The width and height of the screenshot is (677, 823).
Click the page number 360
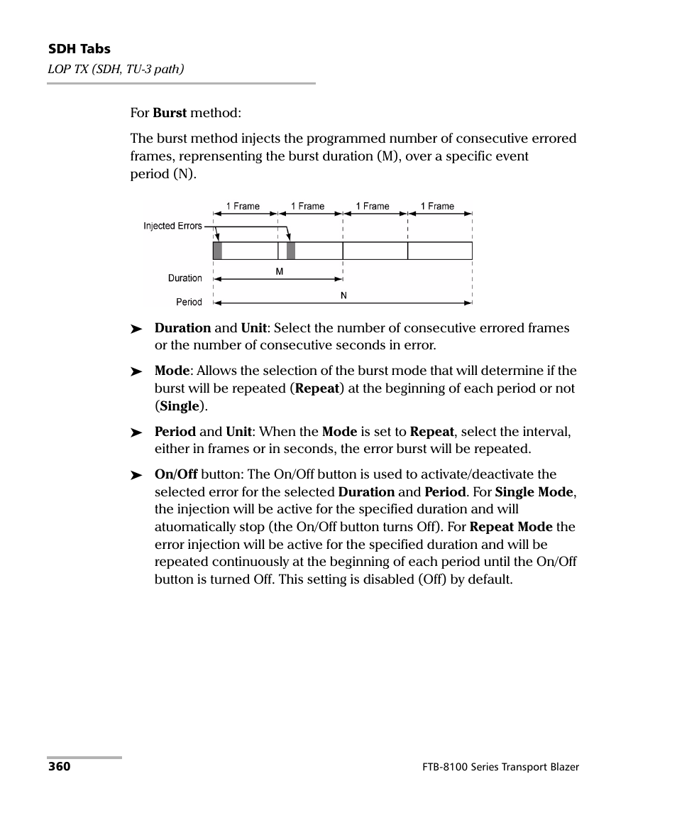[59, 767]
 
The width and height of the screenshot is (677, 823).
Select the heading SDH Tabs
[79, 49]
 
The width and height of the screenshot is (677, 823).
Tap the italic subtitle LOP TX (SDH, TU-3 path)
[116, 69]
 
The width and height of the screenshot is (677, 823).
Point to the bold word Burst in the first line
[170, 113]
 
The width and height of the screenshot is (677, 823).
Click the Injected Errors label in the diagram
[172, 226]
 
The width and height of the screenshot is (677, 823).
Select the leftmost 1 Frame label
[243, 206]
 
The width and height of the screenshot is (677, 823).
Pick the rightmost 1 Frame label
[437, 206]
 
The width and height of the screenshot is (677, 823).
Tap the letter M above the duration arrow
[280, 272]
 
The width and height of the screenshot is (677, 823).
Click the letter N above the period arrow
[343, 295]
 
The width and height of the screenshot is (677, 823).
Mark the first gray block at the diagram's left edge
[217, 251]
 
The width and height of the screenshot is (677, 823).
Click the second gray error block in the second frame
[291, 251]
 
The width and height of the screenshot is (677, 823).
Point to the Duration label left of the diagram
[185, 278]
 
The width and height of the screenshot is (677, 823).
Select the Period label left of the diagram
[189, 302]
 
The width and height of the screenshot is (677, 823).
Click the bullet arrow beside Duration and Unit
[136, 329]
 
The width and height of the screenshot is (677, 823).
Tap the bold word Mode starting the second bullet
[172, 371]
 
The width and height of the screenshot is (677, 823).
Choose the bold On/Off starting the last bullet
[176, 474]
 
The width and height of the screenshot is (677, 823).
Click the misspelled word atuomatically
[200, 527]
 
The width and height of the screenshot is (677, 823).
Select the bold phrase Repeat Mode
[511, 527]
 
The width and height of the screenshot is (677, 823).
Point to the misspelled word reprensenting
[218, 156]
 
